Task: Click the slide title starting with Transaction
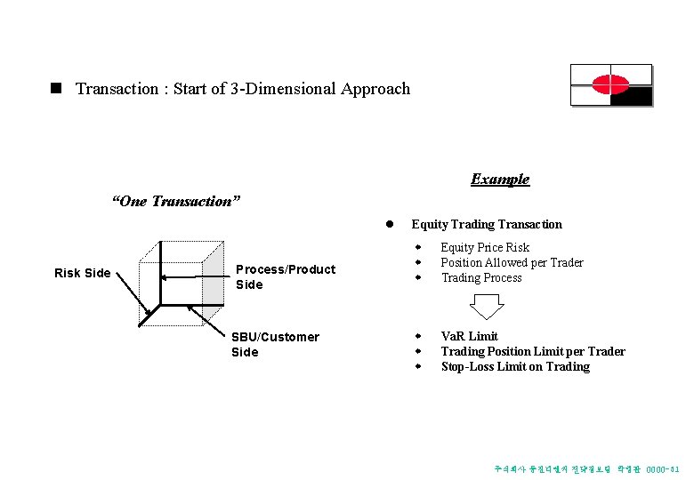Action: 242,89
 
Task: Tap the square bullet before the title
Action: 56,89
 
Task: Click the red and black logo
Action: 610,85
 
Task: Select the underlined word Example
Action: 500,180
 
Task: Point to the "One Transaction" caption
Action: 175,201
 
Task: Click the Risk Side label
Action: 83,273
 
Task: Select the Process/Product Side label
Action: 285,276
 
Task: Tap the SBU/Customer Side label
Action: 274,344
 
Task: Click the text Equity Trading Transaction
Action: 487,224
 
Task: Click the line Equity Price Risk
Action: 485,247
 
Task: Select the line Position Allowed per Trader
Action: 512,262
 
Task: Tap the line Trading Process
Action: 481,277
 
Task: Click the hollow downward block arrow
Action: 487,306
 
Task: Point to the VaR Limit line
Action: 469,336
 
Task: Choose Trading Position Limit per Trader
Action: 533,351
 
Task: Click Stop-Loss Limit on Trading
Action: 515,366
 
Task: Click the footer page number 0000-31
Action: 663,468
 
